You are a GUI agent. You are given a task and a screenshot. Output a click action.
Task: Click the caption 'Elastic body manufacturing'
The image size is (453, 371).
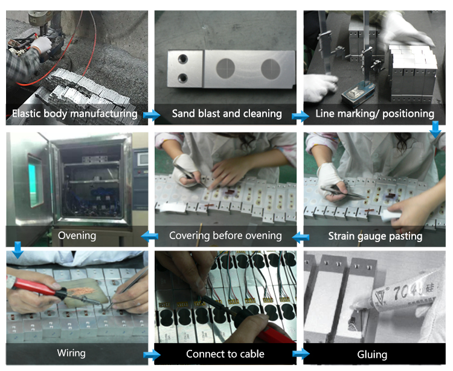pyautogui.click(x=74, y=114)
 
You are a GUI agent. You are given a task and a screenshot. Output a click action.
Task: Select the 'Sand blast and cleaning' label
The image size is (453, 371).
pyautogui.click(x=226, y=113)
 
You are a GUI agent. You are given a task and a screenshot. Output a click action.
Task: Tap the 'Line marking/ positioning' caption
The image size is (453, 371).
pyautogui.click(x=374, y=114)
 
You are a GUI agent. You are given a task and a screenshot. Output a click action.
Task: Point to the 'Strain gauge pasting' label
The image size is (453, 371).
pyautogui.click(x=375, y=236)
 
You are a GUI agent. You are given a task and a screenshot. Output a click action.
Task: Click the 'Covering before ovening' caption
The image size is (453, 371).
pyautogui.click(x=225, y=235)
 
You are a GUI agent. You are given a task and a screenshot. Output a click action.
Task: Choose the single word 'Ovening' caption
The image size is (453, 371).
pyautogui.click(x=77, y=235)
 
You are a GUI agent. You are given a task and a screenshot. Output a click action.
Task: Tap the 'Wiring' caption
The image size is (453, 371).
pyautogui.click(x=71, y=353)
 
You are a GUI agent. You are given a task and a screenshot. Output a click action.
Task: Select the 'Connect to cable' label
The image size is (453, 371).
pyautogui.click(x=225, y=354)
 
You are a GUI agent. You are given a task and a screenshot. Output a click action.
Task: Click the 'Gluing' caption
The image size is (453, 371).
pyautogui.click(x=372, y=355)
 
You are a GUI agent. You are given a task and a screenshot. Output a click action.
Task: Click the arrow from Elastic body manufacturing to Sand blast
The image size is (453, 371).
pyautogui.click(x=152, y=115)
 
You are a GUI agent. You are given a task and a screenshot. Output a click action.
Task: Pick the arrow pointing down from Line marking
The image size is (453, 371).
pyautogui.click(x=435, y=130)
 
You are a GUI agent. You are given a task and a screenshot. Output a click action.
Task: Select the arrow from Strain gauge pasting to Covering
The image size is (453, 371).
pyautogui.click(x=300, y=237)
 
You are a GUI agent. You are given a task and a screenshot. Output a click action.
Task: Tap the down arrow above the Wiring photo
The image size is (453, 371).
pyautogui.click(x=18, y=250)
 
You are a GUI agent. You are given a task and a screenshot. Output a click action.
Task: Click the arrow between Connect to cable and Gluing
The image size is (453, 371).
pyautogui.click(x=301, y=353)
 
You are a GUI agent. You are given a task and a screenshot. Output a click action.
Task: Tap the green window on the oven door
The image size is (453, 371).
pyautogui.click(x=36, y=180)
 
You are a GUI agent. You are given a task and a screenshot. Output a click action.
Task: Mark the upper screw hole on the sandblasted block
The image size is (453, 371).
pyautogui.click(x=183, y=59)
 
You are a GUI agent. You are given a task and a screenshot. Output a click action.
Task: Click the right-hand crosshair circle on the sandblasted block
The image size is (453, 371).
pyautogui.click(x=271, y=69)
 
